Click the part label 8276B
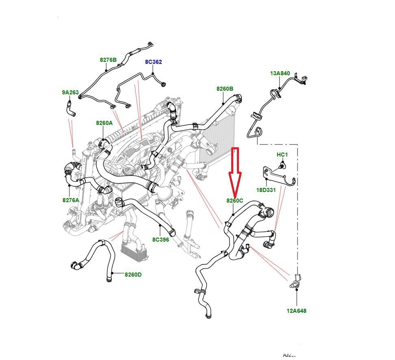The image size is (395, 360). [x=108, y=60]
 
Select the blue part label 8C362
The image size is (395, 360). [x=154, y=62]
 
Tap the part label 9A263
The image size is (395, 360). [x=70, y=92]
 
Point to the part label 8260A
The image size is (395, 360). [x=104, y=122]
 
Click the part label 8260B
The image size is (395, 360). [x=225, y=89]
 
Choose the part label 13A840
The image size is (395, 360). [x=280, y=73]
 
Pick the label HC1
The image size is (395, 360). [x=282, y=155]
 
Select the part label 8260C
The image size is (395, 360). [x=235, y=201]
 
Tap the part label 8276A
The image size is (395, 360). [x=70, y=200]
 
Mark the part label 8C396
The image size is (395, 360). [x=161, y=240]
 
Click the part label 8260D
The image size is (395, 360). [x=133, y=275]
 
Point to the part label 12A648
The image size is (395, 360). [x=296, y=311]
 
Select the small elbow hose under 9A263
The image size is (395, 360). [x=70, y=109]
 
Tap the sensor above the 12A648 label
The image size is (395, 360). [x=296, y=281]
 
